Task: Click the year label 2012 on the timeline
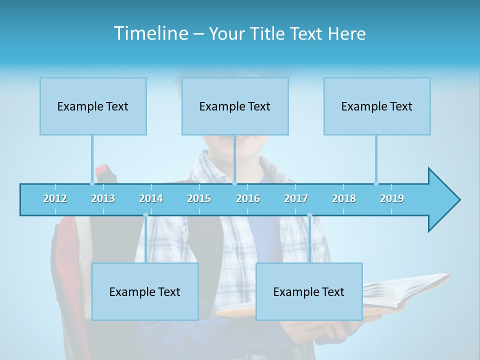[x=55, y=198]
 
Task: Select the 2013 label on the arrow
[x=103, y=198]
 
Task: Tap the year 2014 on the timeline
[x=151, y=198]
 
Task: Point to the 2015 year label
[x=199, y=198]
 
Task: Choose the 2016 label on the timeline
[x=248, y=198]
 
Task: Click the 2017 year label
[x=296, y=198]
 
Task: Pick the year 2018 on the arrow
[x=344, y=198]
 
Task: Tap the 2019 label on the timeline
[x=392, y=198]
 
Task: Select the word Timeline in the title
[x=150, y=33]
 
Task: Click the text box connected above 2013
[x=93, y=106]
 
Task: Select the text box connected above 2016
[x=235, y=106]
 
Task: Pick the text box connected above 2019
[x=377, y=106]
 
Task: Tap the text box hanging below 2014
[x=145, y=291]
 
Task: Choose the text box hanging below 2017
[x=309, y=291]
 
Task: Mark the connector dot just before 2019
[x=376, y=183]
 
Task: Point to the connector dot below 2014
[x=145, y=215]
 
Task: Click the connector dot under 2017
[x=309, y=215]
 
